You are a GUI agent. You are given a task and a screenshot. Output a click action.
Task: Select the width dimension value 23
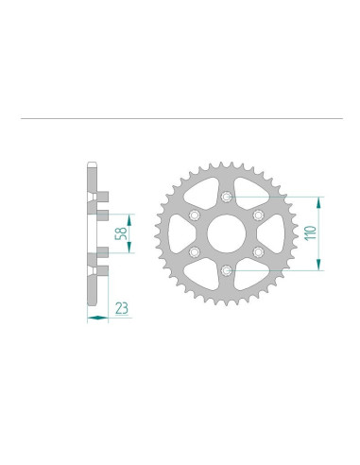tap(123, 306)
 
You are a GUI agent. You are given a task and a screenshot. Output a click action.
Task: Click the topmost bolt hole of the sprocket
tap(226, 197)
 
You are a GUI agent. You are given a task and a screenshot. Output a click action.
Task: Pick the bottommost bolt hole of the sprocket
tap(226, 272)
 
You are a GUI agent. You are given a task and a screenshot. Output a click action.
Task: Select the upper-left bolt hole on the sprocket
tap(194, 215)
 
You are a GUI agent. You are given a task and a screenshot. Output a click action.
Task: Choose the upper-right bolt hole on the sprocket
tap(258, 215)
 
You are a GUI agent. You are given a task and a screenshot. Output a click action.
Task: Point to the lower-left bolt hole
tap(194, 253)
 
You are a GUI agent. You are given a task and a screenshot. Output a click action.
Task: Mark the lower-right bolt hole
tap(258, 253)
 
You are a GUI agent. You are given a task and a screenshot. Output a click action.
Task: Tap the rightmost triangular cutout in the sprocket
tap(277, 234)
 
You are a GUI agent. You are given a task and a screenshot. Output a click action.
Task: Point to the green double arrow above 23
tap(98, 319)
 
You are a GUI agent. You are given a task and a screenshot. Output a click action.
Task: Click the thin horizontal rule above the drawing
tap(180, 118)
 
